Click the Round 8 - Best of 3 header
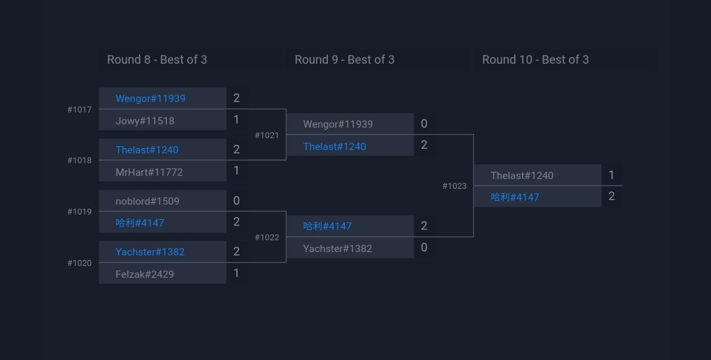tap(157, 60)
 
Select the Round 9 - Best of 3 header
tap(344, 60)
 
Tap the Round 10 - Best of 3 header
tap(535, 60)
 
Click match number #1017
tap(80, 109)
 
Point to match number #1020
tap(80, 263)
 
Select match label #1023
tap(454, 186)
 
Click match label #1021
tap(267, 135)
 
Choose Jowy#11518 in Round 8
tap(145, 120)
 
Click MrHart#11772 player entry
tap(149, 172)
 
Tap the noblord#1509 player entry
tap(147, 201)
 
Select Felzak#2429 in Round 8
tap(144, 274)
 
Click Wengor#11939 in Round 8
tap(150, 98)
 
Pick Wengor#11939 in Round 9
tap(338, 124)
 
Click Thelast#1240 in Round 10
tap(522, 175)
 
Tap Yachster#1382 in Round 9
tap(337, 248)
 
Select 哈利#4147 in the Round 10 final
tap(515, 197)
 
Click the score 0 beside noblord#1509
tap(236, 201)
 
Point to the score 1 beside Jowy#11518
tap(236, 120)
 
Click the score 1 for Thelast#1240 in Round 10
tap(612, 175)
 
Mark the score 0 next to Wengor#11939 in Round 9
tap(424, 124)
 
